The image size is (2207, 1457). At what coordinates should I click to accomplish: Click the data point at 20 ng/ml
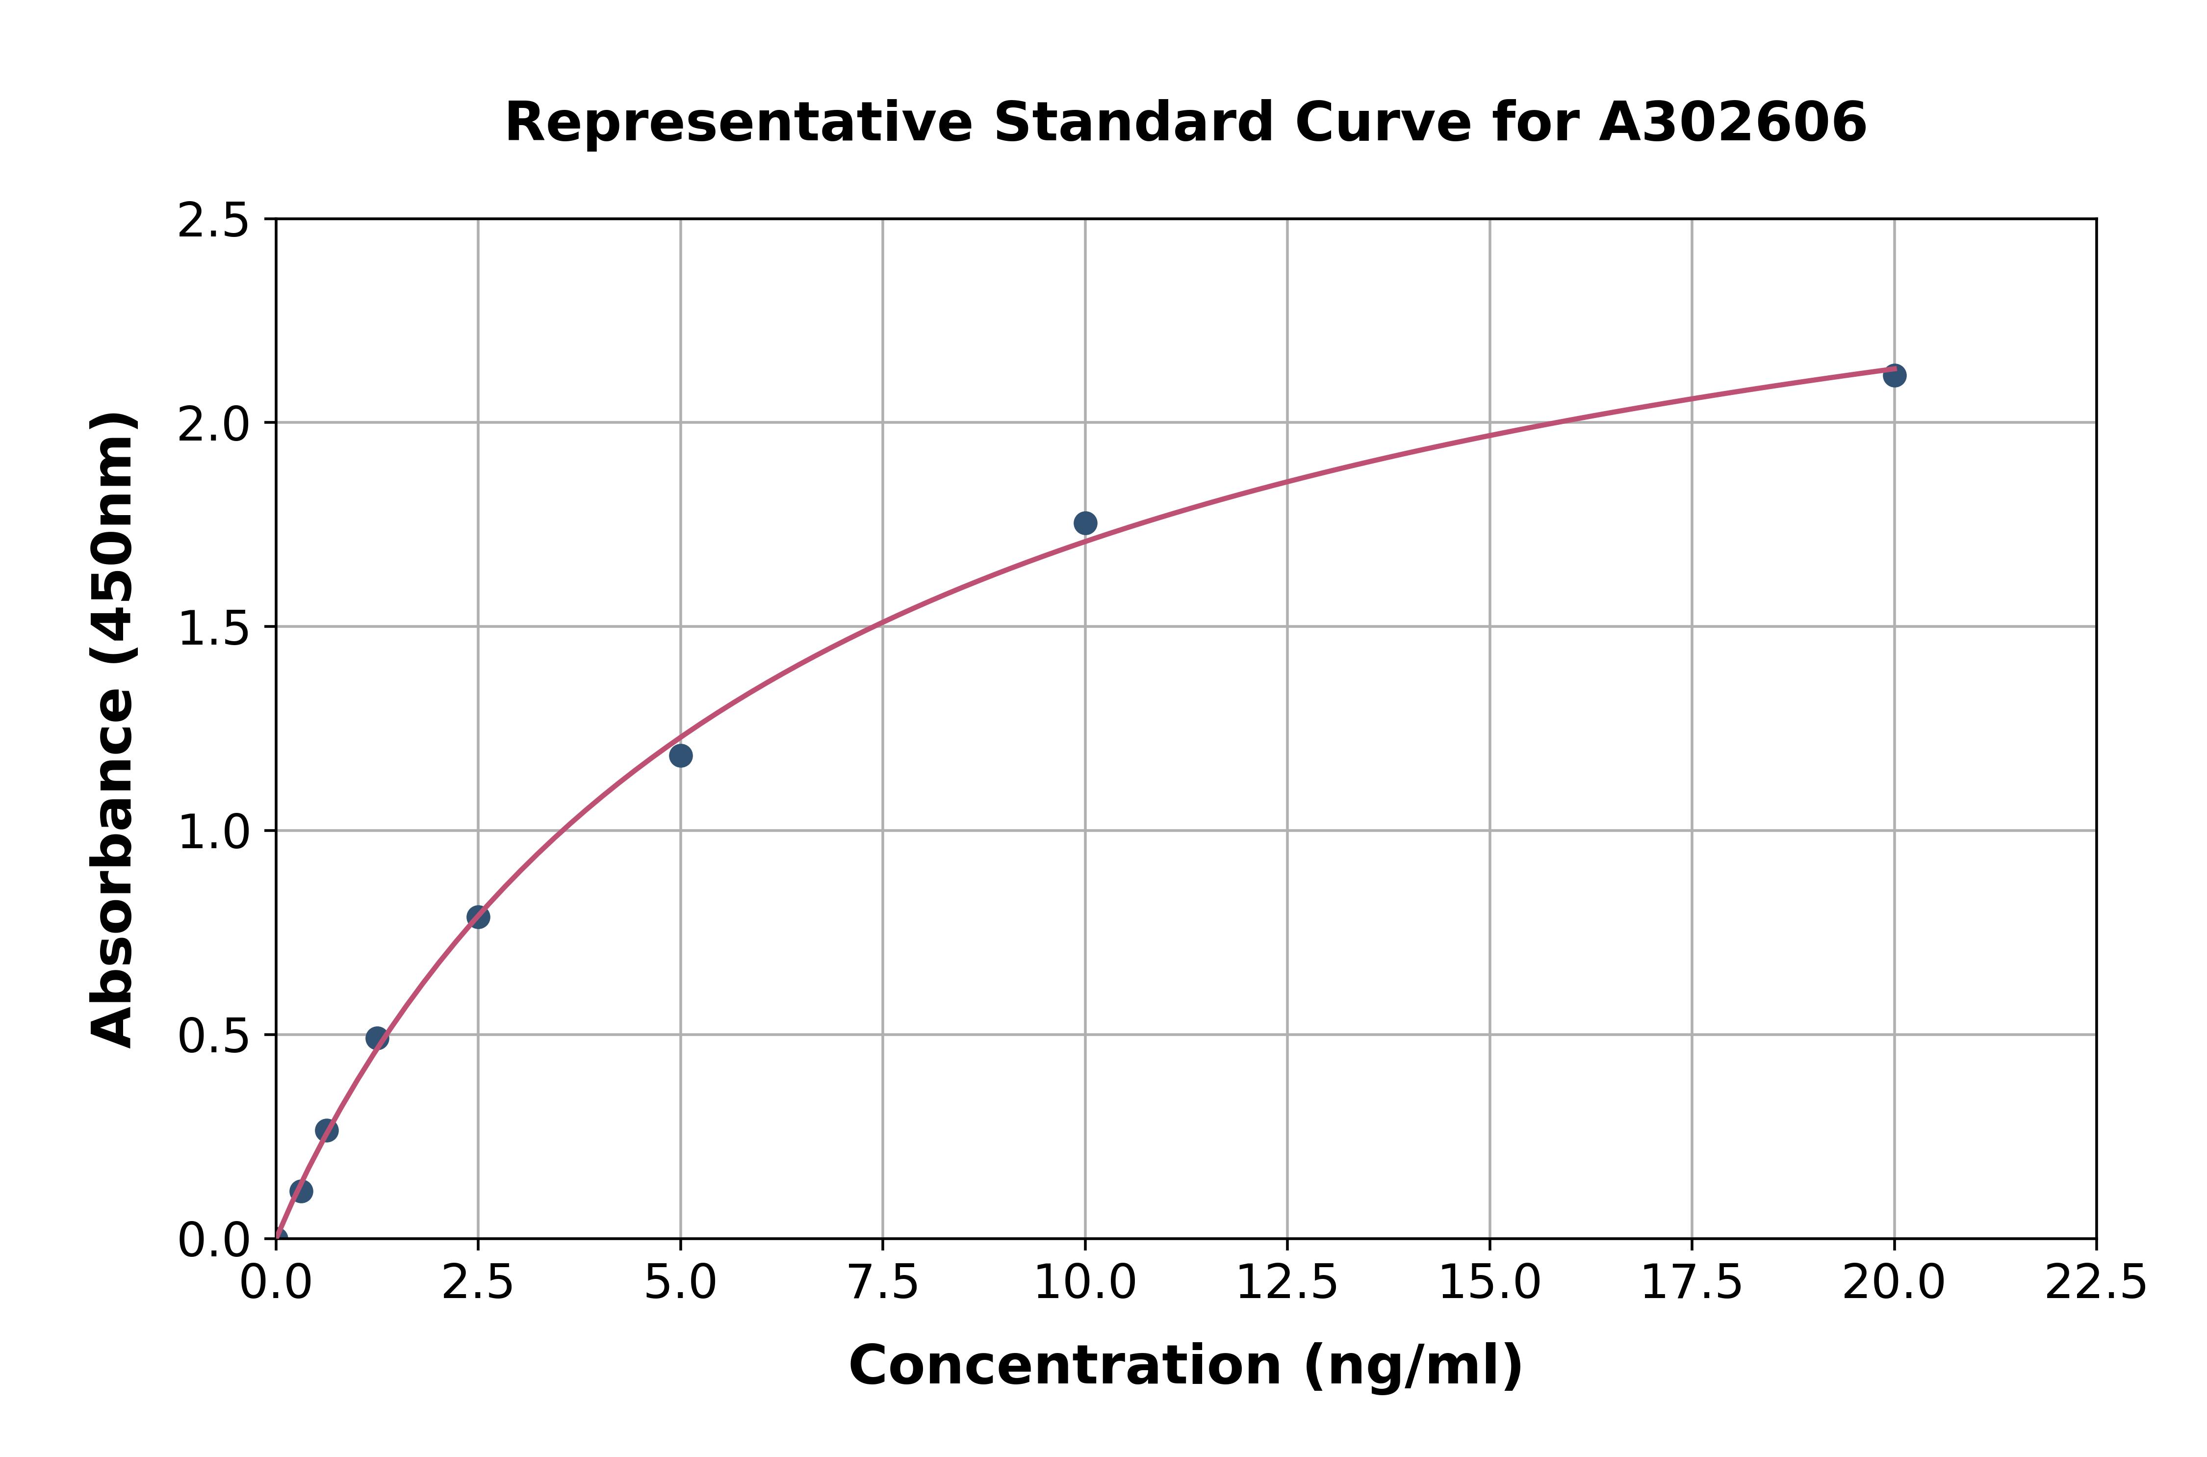click(x=1894, y=375)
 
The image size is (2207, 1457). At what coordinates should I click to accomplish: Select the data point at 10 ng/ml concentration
click(x=1085, y=523)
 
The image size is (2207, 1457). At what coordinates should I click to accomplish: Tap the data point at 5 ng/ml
click(x=681, y=755)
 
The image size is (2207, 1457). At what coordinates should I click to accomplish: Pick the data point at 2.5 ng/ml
click(x=478, y=917)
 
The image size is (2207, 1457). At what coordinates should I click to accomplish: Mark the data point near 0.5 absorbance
click(x=377, y=1038)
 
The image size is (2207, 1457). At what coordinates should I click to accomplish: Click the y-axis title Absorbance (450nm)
click(x=113, y=729)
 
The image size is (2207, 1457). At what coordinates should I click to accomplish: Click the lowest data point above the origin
click(x=301, y=1191)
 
